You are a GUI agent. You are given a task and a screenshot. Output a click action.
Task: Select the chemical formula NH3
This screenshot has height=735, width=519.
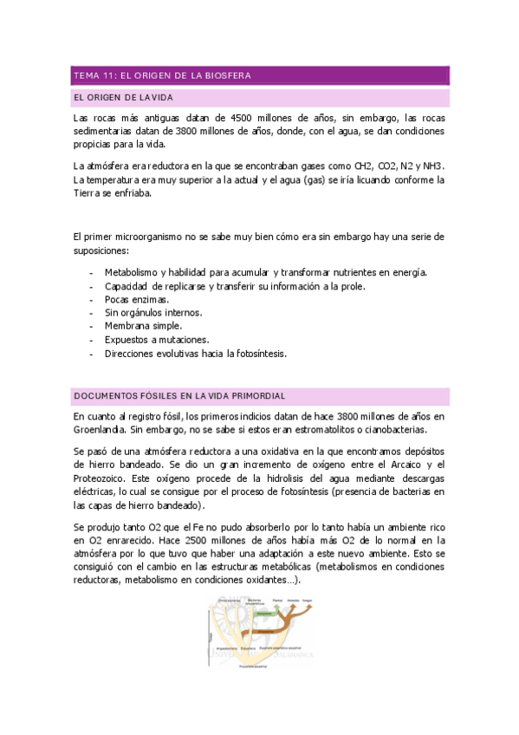tap(433, 166)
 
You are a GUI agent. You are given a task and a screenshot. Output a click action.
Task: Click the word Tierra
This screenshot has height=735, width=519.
tap(88, 193)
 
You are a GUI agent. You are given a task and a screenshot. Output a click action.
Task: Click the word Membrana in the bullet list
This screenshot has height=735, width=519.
tap(127, 326)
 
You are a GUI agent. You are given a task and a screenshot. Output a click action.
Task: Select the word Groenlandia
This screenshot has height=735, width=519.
tap(98, 429)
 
